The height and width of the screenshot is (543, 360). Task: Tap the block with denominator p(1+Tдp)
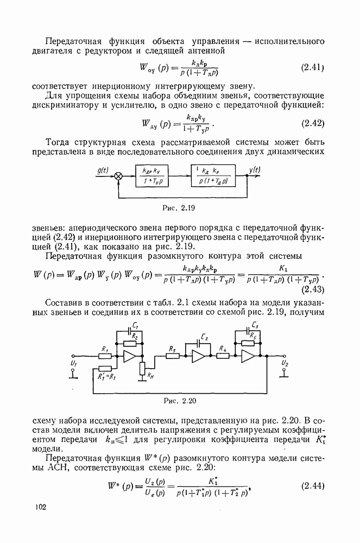[213, 175]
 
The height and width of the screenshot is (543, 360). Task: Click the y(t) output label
[255, 169]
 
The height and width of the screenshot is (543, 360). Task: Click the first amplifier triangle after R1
[129, 356]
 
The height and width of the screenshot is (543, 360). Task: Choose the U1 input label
[74, 362]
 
